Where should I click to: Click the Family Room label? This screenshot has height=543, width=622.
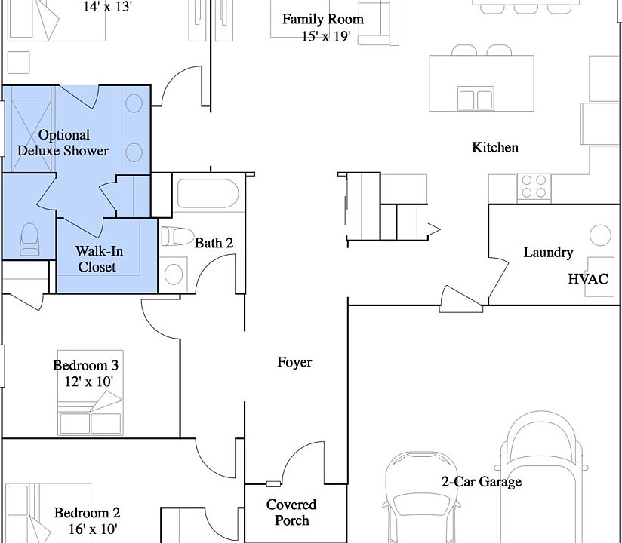point(323,19)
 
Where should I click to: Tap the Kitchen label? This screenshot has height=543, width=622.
point(495,148)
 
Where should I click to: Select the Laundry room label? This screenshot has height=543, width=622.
point(548,253)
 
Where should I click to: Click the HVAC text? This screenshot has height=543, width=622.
point(588,278)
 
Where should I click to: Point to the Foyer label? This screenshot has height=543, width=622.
point(294,362)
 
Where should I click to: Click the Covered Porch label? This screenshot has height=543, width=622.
point(291,512)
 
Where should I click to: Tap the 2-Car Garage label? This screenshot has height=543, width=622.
point(482,482)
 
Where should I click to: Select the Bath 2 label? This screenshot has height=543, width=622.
point(214,243)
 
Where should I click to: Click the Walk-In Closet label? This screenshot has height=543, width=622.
point(99,259)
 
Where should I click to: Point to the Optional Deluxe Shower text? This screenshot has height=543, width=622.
point(63,143)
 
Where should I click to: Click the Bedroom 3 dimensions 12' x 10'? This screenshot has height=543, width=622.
point(89,382)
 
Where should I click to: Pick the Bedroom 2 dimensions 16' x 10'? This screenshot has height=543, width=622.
point(93,529)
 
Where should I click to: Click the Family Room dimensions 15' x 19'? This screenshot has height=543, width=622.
point(326,36)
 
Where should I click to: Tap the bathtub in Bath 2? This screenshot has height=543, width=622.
point(208,193)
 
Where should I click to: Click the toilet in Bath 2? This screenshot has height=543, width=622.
point(177,236)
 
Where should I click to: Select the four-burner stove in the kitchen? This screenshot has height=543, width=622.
point(534,186)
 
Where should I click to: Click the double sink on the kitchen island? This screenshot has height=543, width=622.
point(476,98)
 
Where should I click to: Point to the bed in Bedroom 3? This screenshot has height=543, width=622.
point(91,392)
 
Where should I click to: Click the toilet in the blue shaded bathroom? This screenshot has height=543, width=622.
point(29,239)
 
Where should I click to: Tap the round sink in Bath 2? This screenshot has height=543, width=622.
point(174,275)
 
